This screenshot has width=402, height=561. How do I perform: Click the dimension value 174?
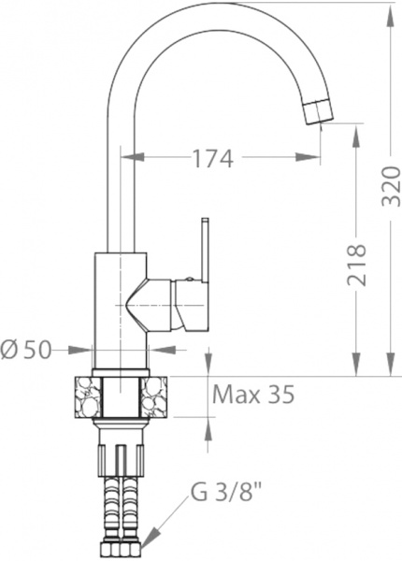(212, 159)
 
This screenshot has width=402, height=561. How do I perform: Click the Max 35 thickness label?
(253, 394)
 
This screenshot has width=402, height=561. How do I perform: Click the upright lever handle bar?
(205, 249)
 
